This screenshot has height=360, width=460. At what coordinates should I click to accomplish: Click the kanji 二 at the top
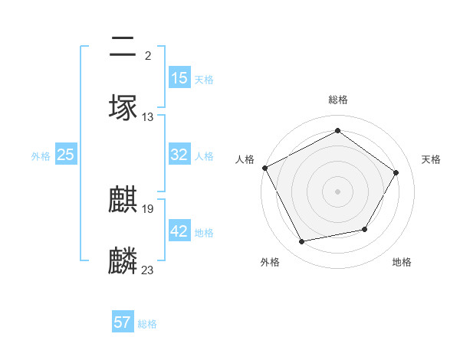tap(123, 47)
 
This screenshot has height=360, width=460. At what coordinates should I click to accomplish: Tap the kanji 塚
tap(123, 107)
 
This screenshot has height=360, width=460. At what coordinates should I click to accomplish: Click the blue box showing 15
tap(179, 78)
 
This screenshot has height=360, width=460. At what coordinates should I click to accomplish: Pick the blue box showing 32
tap(179, 155)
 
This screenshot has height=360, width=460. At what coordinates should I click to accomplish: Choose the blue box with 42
tap(179, 231)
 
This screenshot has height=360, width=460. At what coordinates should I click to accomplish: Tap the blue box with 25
tap(66, 155)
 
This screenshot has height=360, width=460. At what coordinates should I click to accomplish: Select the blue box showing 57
tap(123, 322)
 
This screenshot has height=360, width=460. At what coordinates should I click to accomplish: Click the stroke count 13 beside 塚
tap(148, 117)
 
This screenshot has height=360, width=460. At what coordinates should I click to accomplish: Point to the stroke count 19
tap(148, 208)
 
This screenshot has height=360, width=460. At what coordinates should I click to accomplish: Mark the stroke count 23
tap(148, 270)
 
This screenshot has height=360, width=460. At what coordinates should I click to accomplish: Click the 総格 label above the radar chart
tap(338, 100)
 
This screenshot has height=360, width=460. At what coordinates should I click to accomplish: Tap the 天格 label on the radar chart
tap(432, 159)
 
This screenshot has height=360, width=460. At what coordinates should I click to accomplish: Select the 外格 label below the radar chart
tap(270, 263)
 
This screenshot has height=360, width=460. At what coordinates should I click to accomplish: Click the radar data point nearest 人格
tap(265, 168)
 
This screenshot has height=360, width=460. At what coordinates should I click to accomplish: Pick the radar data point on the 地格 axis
tap(365, 229)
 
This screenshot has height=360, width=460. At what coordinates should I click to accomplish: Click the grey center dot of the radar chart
tap(338, 191)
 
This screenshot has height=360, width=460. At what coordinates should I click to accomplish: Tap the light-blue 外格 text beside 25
tap(41, 155)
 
